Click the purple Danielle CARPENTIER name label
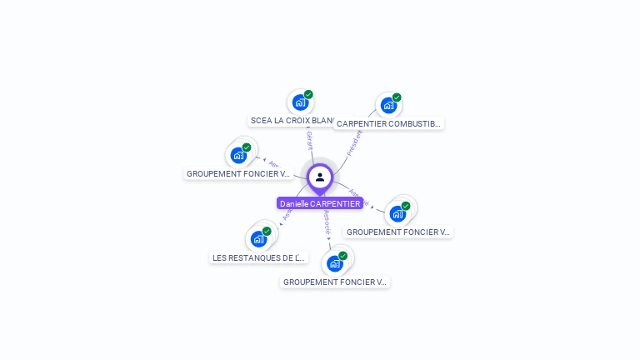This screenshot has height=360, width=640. click(x=320, y=203)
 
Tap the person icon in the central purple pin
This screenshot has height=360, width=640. click(x=320, y=177)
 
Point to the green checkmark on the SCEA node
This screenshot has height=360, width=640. click(x=308, y=94)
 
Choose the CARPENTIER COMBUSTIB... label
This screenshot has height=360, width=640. click(x=388, y=123)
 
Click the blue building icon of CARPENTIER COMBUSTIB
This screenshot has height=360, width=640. click(x=387, y=106)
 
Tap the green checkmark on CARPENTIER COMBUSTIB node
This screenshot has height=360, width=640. click(x=397, y=97)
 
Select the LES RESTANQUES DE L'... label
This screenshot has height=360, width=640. click(x=259, y=257)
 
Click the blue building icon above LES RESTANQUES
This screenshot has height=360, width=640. click(x=258, y=239)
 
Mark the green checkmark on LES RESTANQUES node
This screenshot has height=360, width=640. click(x=267, y=231)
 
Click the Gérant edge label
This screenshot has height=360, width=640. click(x=309, y=140)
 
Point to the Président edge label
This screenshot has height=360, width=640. click(x=354, y=142)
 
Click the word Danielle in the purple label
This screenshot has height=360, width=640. click(x=293, y=203)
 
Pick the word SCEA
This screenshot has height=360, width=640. click(x=260, y=120)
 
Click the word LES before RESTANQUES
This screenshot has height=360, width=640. click(x=219, y=257)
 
